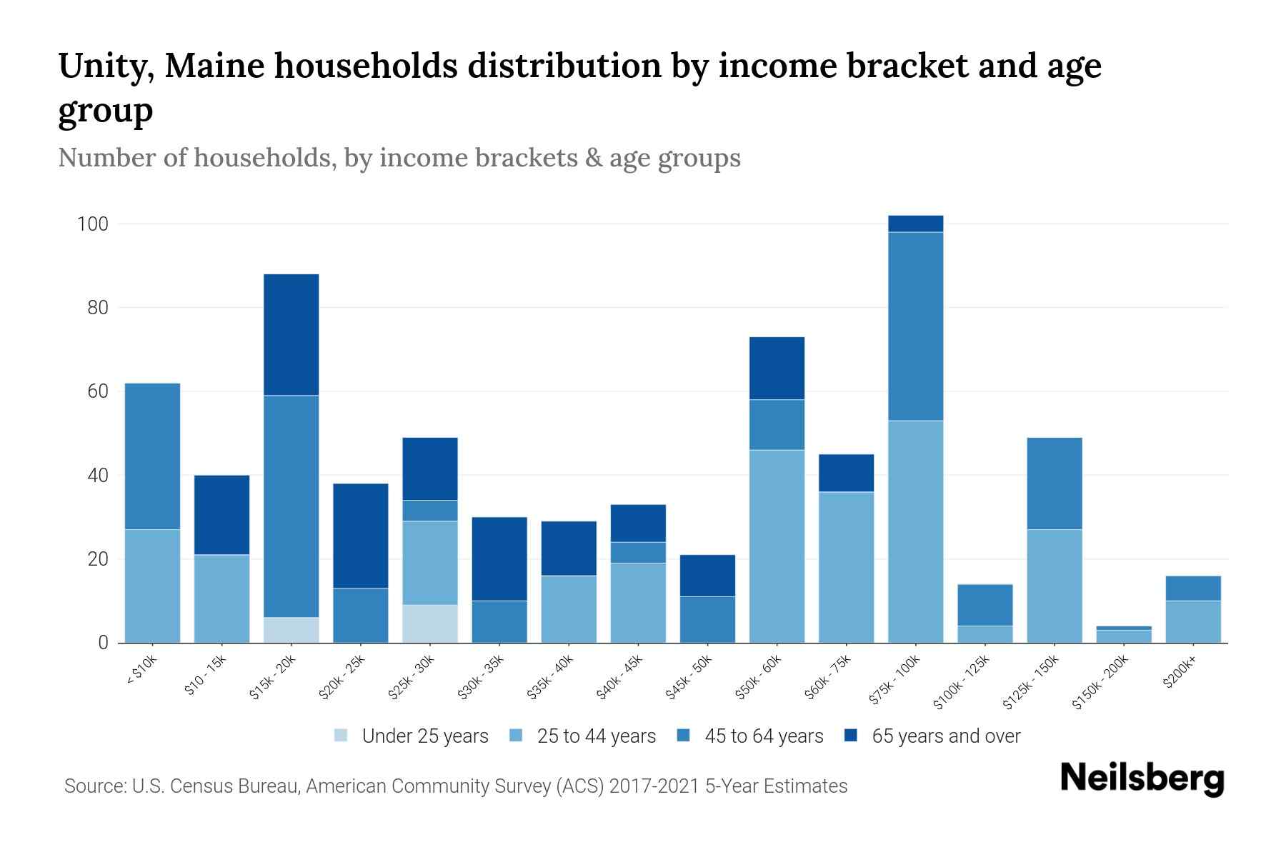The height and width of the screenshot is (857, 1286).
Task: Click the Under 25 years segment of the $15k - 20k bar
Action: coord(291,630)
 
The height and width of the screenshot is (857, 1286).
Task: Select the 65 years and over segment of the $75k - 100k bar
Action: coord(915,224)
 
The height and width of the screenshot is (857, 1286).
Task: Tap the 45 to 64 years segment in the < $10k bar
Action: coord(152,456)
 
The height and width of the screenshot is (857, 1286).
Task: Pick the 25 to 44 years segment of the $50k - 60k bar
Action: coord(777,546)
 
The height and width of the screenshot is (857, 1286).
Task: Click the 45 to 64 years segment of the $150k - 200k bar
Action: coord(1123,628)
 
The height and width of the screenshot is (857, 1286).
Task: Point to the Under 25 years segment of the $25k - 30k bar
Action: coord(430,623)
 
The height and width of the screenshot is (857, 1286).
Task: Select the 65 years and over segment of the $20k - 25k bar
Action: coord(361,536)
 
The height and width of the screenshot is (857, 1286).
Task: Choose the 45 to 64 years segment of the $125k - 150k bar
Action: coord(1054,483)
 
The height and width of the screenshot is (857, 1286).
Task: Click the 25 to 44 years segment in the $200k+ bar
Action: coord(1192,621)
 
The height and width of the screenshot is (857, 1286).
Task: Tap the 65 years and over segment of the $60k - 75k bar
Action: coord(846,473)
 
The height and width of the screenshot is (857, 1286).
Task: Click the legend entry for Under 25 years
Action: coord(411,736)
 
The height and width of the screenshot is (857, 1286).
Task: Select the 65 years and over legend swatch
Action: coord(851,736)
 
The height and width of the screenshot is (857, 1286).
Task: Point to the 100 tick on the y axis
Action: coord(92,224)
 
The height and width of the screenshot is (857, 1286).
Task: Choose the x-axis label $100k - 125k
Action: coord(962,681)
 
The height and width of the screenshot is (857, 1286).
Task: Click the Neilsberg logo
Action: coord(1142,778)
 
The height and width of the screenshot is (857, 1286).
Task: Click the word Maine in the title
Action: coord(214,66)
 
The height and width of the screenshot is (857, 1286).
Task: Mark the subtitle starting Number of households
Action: coord(399,157)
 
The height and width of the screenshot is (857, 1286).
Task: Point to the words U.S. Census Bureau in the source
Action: coord(217,786)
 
